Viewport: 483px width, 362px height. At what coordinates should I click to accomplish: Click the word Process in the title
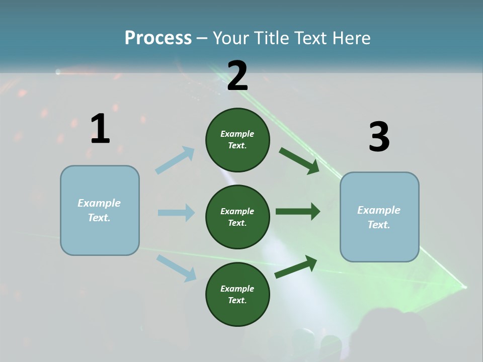click(x=158, y=38)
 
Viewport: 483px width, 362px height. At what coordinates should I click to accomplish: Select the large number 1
click(x=100, y=129)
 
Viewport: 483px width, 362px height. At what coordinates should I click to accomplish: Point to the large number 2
click(x=237, y=76)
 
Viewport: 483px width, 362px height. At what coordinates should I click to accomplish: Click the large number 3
click(x=379, y=137)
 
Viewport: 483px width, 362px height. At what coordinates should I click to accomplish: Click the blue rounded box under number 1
click(x=100, y=210)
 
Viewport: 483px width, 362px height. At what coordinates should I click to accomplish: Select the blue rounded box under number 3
click(x=379, y=217)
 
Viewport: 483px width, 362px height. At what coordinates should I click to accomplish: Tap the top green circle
click(x=237, y=140)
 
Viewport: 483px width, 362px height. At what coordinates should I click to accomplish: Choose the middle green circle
click(x=237, y=217)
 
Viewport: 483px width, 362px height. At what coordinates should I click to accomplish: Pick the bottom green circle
click(x=237, y=294)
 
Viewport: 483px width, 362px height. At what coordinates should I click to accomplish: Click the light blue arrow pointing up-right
click(x=175, y=160)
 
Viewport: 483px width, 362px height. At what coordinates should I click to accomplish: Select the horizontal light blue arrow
click(x=176, y=213)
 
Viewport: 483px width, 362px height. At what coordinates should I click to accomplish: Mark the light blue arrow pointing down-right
click(x=176, y=267)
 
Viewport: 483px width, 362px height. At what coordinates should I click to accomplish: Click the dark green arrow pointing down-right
click(x=299, y=160)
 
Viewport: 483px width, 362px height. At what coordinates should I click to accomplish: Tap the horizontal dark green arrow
click(x=297, y=212)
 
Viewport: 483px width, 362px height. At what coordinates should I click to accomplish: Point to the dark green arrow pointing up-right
click(x=296, y=267)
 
